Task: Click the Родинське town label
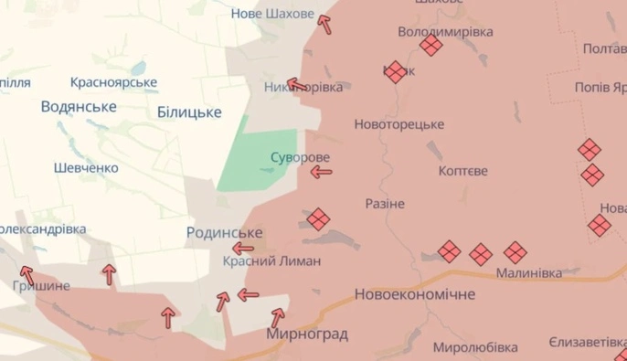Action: [x=224, y=233]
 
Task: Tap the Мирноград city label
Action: [x=306, y=334]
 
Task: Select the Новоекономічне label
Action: [x=415, y=294]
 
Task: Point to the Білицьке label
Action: [x=189, y=111]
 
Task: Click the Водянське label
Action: [x=79, y=107]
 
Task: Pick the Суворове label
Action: [x=300, y=157]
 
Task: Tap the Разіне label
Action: [x=384, y=203]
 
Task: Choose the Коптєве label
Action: [x=463, y=171]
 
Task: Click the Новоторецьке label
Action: [x=399, y=123]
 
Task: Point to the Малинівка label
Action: [x=527, y=272]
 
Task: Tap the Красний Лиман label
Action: [x=271, y=261]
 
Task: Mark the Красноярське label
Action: [x=113, y=82]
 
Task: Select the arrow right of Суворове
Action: [x=320, y=171]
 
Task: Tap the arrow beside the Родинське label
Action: [x=242, y=248]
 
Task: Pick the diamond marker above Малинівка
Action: [x=515, y=251]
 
